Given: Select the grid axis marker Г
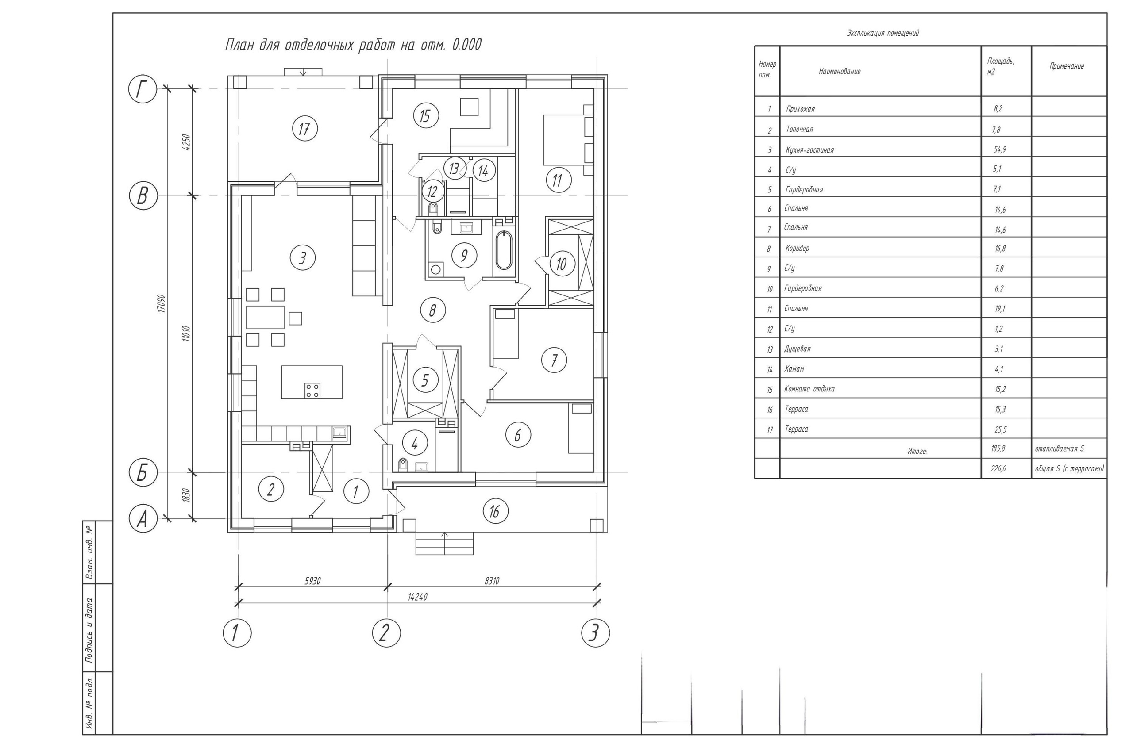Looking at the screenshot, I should point(143,89).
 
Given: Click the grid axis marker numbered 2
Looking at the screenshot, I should point(386,632).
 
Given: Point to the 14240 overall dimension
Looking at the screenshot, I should point(417,597).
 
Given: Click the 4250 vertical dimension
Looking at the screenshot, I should point(187,142).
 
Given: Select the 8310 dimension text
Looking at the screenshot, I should point(491,581).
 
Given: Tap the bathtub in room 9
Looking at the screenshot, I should point(504,250).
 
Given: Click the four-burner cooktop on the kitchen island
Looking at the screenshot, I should point(312,390).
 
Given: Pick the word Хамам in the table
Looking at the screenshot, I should point(794,369).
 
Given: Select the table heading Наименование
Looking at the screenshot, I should point(839,72).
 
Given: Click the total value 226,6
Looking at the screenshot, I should point(998,468).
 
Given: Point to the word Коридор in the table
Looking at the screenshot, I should point(797,249).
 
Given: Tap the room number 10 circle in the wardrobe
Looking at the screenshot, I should point(561,264).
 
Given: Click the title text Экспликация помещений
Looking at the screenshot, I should point(883,33).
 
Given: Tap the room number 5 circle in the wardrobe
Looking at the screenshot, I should point(425,380).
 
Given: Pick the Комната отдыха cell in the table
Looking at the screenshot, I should point(809,389).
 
